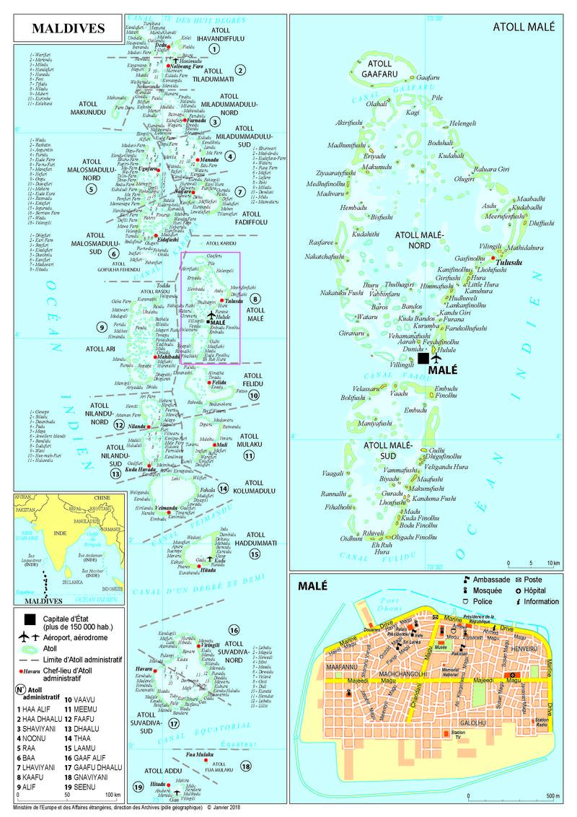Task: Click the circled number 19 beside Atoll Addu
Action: pos(137,787)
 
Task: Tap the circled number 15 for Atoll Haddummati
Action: pos(254,554)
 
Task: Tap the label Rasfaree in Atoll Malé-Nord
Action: pos(321,242)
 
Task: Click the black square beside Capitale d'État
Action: pos(29,619)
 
